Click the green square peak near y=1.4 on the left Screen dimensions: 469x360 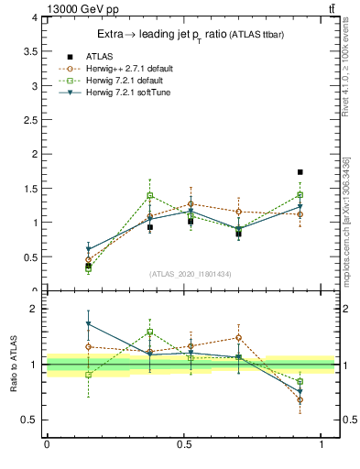(150, 195)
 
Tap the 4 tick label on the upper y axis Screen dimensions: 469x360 (33, 17)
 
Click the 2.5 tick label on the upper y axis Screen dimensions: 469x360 (29, 120)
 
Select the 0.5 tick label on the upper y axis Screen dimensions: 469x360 (29, 256)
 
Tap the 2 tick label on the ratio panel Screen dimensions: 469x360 (33, 309)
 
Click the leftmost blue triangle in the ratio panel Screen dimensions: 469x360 (89, 324)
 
